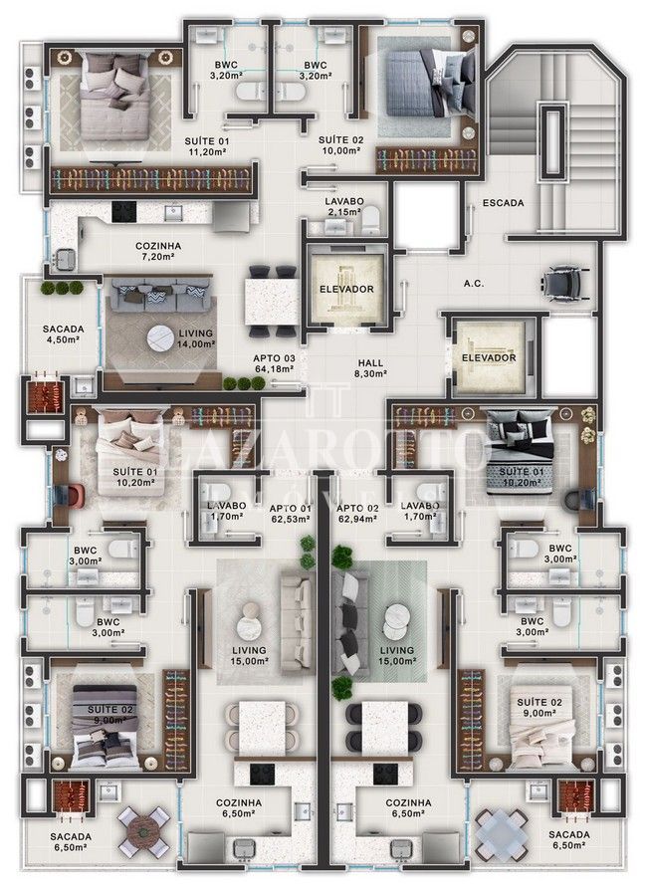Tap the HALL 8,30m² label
[x=370, y=368]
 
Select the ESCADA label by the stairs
[x=503, y=203]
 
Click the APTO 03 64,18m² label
[x=274, y=363]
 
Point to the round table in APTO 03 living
[x=160, y=337]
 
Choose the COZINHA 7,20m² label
[x=158, y=252]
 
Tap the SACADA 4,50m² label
[x=63, y=335]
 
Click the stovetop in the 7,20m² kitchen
[x=124, y=211]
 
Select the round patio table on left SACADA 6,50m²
[x=144, y=831]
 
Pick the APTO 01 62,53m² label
[x=291, y=513]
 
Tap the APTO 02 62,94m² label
[x=357, y=513]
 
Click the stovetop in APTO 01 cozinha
[x=261, y=774]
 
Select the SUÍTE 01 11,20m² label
[x=206, y=146]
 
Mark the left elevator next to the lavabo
[x=346, y=288]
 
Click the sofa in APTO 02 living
[x=348, y=623]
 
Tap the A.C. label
[x=474, y=283]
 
